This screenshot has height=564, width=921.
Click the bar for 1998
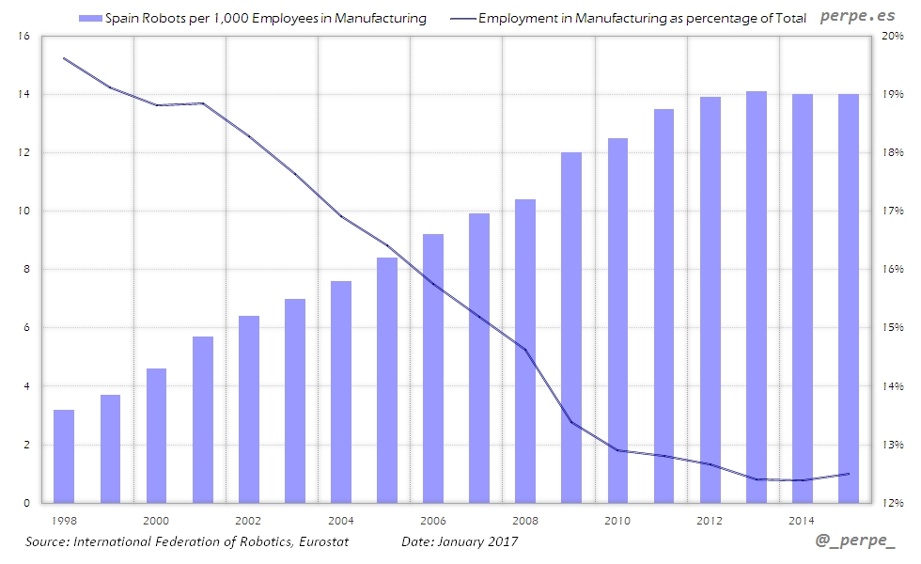coord(64,456)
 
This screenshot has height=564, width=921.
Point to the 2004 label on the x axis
coord(341,520)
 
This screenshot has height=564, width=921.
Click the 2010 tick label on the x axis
coord(617,520)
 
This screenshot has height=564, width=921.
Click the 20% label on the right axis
coord(894,36)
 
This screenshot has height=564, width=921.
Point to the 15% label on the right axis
coord(894,328)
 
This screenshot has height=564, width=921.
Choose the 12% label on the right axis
coord(894,503)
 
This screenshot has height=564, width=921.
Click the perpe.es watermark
coord(856,16)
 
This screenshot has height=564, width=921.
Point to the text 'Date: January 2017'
coord(460,541)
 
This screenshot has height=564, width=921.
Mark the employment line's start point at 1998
coord(64,58)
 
